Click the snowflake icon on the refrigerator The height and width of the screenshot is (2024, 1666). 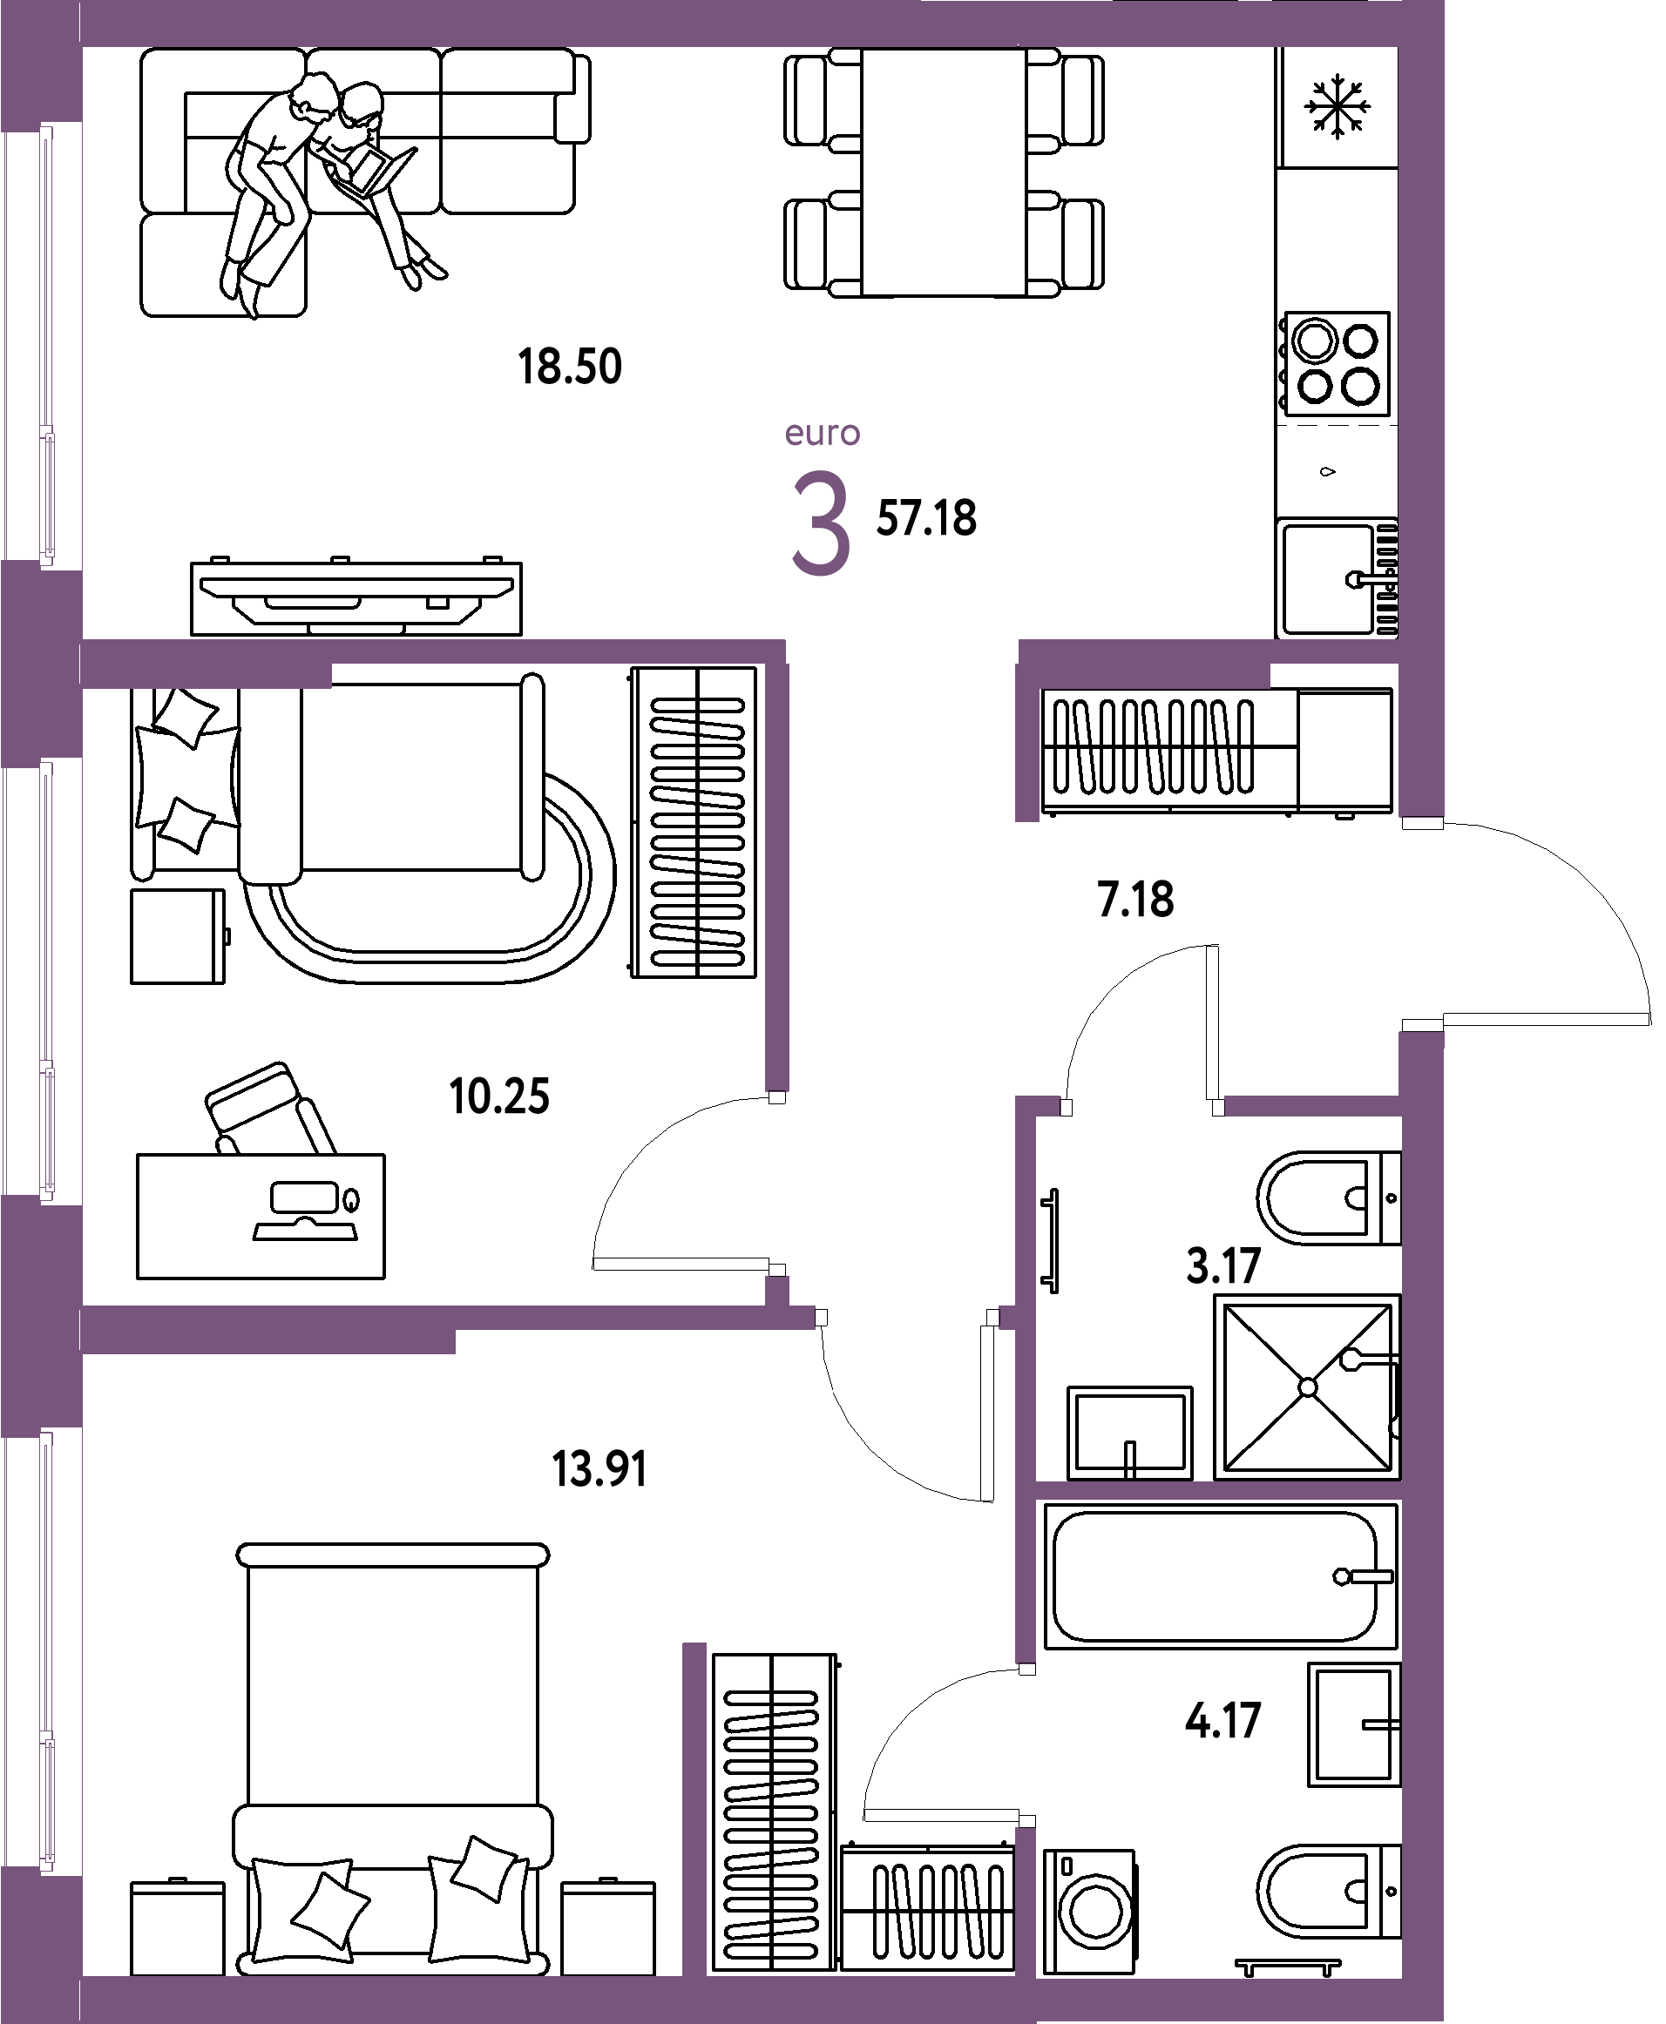point(1337,106)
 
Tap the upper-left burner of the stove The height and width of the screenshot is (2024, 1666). point(1314,341)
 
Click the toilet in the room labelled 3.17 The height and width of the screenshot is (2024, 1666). point(1328,1198)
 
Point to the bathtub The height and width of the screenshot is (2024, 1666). point(1221,1576)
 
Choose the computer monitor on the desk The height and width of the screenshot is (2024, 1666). point(304,1198)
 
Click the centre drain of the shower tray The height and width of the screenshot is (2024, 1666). point(1307,1387)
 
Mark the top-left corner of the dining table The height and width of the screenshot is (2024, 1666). point(862,49)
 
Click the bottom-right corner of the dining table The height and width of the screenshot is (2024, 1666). point(1026,295)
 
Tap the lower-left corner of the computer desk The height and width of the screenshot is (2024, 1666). point(137,1278)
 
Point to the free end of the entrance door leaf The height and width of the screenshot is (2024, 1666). point(1650,1019)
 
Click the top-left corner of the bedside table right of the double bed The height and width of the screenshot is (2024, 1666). point(562,1883)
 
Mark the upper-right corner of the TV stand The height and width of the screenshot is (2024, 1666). point(522,563)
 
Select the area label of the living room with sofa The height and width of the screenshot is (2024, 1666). point(570,367)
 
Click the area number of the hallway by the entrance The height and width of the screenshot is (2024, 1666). point(1135,900)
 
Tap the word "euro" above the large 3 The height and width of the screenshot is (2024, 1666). point(823,434)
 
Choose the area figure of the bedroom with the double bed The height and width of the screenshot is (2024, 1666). point(599,1468)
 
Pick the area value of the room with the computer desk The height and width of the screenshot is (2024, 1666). point(499,1096)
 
